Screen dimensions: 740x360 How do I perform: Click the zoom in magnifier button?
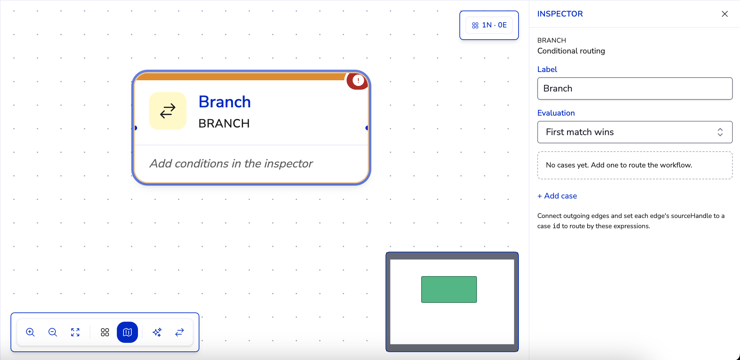point(30,332)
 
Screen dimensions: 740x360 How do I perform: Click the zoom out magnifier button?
point(53,332)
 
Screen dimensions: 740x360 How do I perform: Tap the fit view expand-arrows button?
point(75,332)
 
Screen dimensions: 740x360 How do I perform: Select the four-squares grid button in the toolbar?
point(105,332)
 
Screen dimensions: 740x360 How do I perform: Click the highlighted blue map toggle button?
point(127,332)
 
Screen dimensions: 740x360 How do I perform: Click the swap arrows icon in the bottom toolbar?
point(180,332)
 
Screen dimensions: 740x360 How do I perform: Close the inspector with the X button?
point(725,14)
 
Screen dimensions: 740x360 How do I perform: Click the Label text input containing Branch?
point(635,89)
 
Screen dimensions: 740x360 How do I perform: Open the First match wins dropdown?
point(635,132)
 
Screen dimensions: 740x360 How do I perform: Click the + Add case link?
point(557,196)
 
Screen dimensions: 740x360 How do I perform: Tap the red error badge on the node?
point(358,81)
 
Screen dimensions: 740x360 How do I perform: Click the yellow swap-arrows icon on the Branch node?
point(168,111)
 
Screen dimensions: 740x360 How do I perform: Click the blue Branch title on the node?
point(224,102)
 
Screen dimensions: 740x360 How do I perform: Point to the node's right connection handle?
point(367,128)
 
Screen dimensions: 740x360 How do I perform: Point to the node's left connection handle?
point(135,128)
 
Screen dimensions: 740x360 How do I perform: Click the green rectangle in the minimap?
point(449,289)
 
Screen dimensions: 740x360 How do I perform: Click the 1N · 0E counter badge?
point(489,25)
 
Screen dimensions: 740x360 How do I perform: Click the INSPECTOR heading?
point(560,14)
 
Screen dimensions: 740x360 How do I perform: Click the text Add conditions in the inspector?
point(231,163)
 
